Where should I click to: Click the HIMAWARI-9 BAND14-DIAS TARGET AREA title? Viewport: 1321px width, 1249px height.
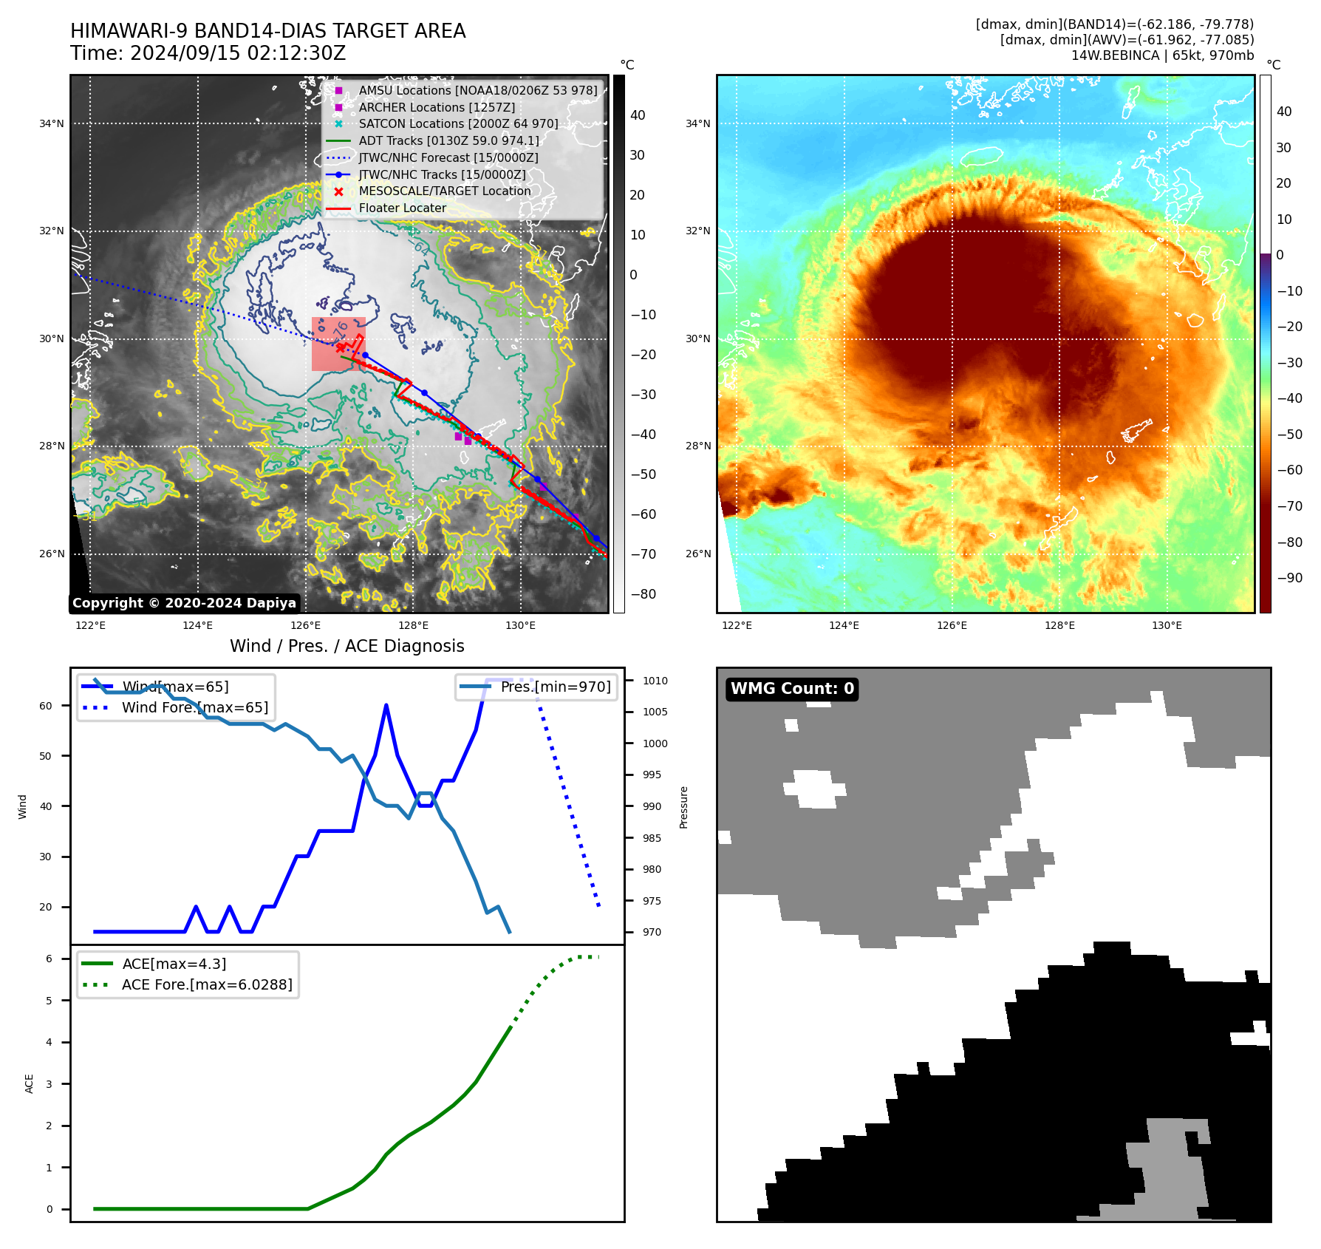click(x=267, y=31)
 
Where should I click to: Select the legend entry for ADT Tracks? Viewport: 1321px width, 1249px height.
click(x=448, y=140)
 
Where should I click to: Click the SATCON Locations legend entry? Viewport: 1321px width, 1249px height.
click(x=458, y=123)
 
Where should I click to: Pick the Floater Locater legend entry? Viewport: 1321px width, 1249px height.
click(x=402, y=208)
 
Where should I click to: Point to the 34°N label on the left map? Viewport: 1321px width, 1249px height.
click(x=52, y=123)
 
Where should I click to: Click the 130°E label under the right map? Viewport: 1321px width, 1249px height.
click(x=1167, y=625)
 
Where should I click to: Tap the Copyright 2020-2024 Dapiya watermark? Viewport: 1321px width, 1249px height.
click(x=184, y=603)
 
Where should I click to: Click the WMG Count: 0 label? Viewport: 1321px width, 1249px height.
click(x=792, y=689)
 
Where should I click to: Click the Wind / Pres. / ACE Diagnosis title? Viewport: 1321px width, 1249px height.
click(x=347, y=646)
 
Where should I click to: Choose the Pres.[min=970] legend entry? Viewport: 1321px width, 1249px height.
click(x=556, y=687)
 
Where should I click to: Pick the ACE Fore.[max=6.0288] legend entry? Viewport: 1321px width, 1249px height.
click(x=207, y=984)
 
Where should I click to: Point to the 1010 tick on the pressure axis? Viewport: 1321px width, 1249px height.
click(x=655, y=681)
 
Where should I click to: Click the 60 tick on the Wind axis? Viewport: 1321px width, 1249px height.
click(x=46, y=706)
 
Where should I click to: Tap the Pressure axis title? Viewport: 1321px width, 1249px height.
click(x=683, y=807)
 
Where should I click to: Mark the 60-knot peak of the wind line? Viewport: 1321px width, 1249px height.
click(x=386, y=706)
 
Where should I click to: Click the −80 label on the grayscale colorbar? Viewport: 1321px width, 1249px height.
click(x=643, y=594)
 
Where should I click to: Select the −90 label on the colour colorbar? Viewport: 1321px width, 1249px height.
click(x=1289, y=578)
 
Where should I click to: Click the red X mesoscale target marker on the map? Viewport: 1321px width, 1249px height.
click(x=340, y=347)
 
